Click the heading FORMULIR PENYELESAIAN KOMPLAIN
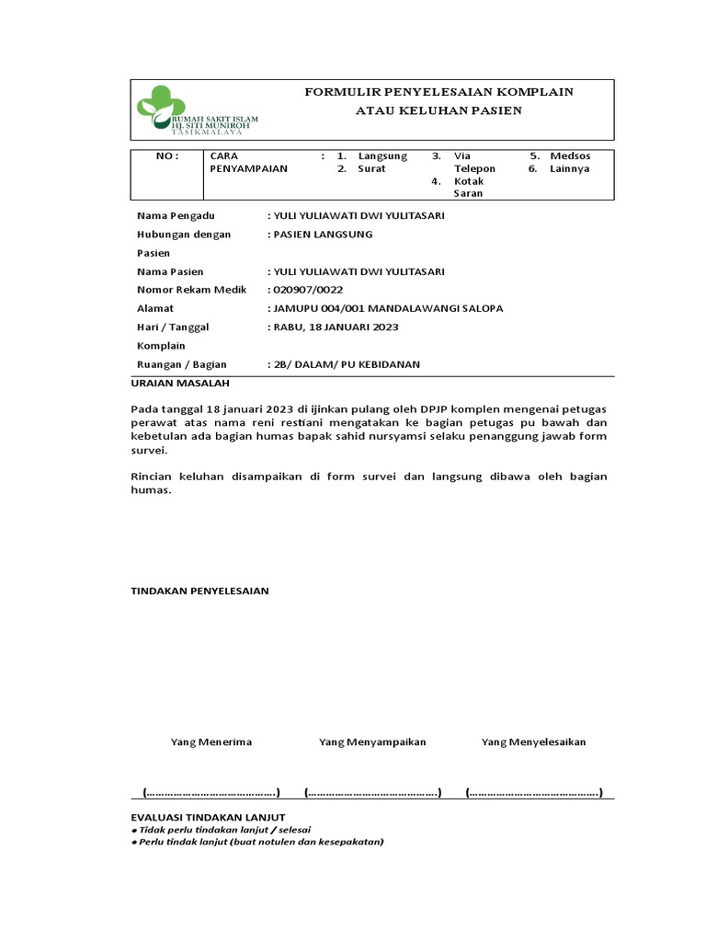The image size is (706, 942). click(x=438, y=92)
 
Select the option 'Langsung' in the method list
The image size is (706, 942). click(x=382, y=156)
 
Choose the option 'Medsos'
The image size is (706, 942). click(x=571, y=156)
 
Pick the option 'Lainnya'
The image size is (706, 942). click(x=570, y=169)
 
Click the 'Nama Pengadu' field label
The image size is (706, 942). click(x=176, y=215)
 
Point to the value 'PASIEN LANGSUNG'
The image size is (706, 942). click(x=321, y=234)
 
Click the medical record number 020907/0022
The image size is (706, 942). click(x=306, y=290)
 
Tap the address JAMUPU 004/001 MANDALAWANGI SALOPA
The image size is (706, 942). click(x=386, y=308)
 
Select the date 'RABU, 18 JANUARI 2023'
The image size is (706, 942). click(x=335, y=327)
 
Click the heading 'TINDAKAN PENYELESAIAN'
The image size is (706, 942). click(x=200, y=591)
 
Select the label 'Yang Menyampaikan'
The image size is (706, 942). click(x=372, y=741)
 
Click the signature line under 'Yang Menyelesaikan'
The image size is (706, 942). click(x=534, y=792)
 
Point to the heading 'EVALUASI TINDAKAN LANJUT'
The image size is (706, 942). click(x=209, y=817)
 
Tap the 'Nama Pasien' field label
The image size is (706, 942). click(x=170, y=271)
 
